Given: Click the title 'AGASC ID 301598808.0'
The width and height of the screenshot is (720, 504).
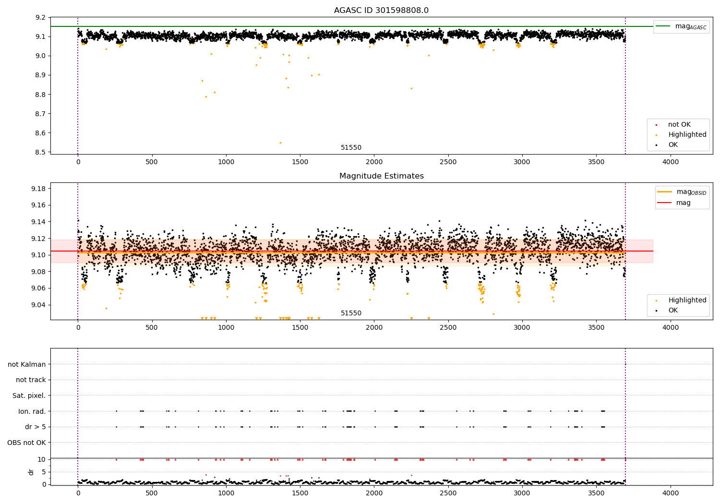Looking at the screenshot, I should pyautogui.click(x=381, y=11).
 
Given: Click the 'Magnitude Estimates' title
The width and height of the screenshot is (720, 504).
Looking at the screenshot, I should pyautogui.click(x=381, y=176).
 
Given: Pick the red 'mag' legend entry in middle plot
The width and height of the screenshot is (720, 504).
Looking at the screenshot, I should pyautogui.click(x=683, y=203).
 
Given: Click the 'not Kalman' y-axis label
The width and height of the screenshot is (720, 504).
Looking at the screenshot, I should pyautogui.click(x=27, y=364).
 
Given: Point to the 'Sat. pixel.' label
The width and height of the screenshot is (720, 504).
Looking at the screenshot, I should pyautogui.click(x=29, y=396).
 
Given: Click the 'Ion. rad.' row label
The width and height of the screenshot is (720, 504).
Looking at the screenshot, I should pyautogui.click(x=32, y=411).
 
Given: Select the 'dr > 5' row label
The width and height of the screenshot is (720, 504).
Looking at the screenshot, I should pyautogui.click(x=35, y=427).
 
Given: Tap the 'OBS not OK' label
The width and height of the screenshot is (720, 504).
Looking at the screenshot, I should pyautogui.click(x=26, y=443).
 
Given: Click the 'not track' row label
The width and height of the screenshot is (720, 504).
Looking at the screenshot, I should pyautogui.click(x=31, y=380).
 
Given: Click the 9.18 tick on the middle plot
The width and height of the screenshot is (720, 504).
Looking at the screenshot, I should pyautogui.click(x=38, y=189).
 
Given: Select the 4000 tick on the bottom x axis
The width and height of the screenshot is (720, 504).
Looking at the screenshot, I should pyautogui.click(x=671, y=493).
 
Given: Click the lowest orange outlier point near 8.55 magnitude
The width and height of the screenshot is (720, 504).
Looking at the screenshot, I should pyautogui.click(x=280, y=143).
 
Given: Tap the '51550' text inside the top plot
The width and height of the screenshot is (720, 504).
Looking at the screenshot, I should pyautogui.click(x=351, y=148).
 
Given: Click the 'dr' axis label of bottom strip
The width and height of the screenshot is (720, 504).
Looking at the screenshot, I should pyautogui.click(x=31, y=472).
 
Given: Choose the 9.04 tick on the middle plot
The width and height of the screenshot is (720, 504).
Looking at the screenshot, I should pyautogui.click(x=38, y=305).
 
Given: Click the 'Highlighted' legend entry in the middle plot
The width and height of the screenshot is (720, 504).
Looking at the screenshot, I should pyautogui.click(x=687, y=300).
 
